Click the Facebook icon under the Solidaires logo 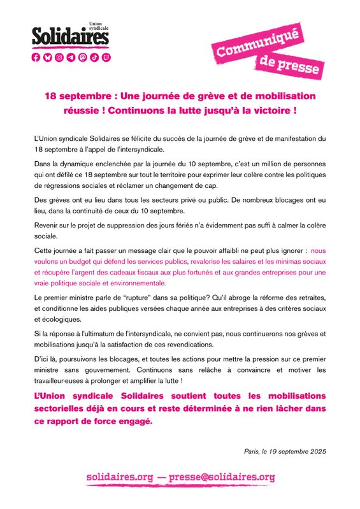[36, 57]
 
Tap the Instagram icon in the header [59, 57]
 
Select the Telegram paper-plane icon [71, 57]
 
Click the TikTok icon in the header [94, 57]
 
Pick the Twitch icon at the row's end [105, 57]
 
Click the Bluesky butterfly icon [48, 57]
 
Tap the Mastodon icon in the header [82, 57]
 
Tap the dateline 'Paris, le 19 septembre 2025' [285, 452]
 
